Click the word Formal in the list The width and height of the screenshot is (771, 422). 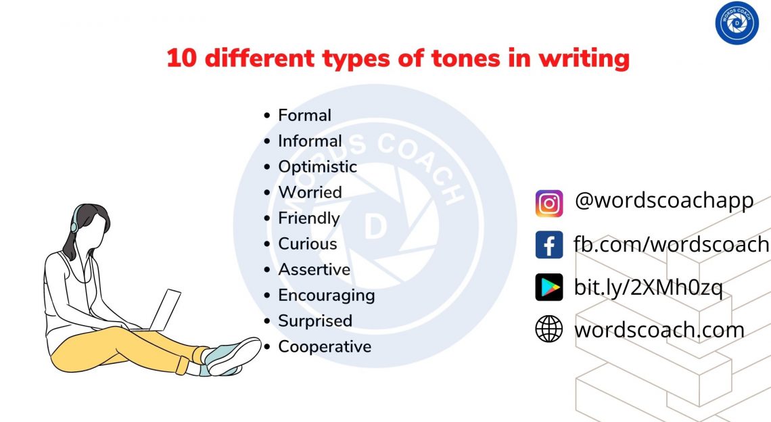[304, 116]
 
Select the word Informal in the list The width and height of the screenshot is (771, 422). [310, 141]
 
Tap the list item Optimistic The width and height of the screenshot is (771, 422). [317, 167]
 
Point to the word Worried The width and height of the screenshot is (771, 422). [310, 193]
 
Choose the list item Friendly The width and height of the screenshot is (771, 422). [308, 218]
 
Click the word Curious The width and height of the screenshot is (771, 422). [307, 244]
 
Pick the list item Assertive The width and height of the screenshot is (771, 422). [314, 270]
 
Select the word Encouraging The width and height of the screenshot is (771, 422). [326, 296]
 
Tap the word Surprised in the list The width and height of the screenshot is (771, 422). [315, 321]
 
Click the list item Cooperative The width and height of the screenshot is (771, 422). [325, 347]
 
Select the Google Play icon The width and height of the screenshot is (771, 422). [549, 287]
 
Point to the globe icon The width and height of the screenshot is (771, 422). [549, 329]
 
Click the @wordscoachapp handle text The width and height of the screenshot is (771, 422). [663, 202]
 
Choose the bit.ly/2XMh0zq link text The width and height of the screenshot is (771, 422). [648, 287]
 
